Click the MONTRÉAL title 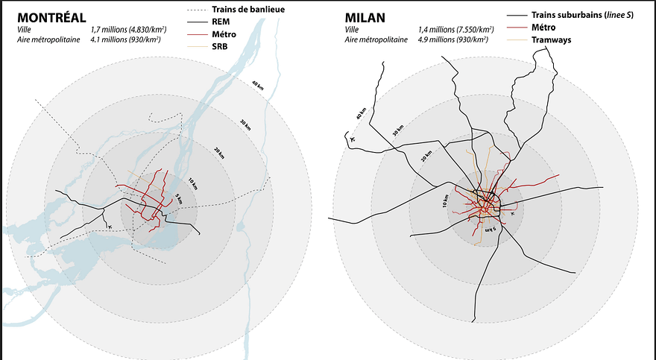[51, 18]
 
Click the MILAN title [365, 18]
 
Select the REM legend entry [221, 22]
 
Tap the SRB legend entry [220, 46]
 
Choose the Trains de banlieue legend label [248, 9]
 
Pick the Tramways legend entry [551, 40]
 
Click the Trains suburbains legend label [582, 15]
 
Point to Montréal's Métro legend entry [224, 34]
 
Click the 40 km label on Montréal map [257, 85]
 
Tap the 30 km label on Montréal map [245, 125]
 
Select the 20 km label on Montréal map [219, 154]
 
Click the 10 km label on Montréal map [192, 183]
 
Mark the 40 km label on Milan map [361, 113]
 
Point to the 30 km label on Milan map [398, 131]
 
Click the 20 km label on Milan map [426, 156]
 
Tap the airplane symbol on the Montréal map [110, 227]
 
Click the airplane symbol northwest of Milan [351, 139]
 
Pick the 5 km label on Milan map [490, 230]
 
